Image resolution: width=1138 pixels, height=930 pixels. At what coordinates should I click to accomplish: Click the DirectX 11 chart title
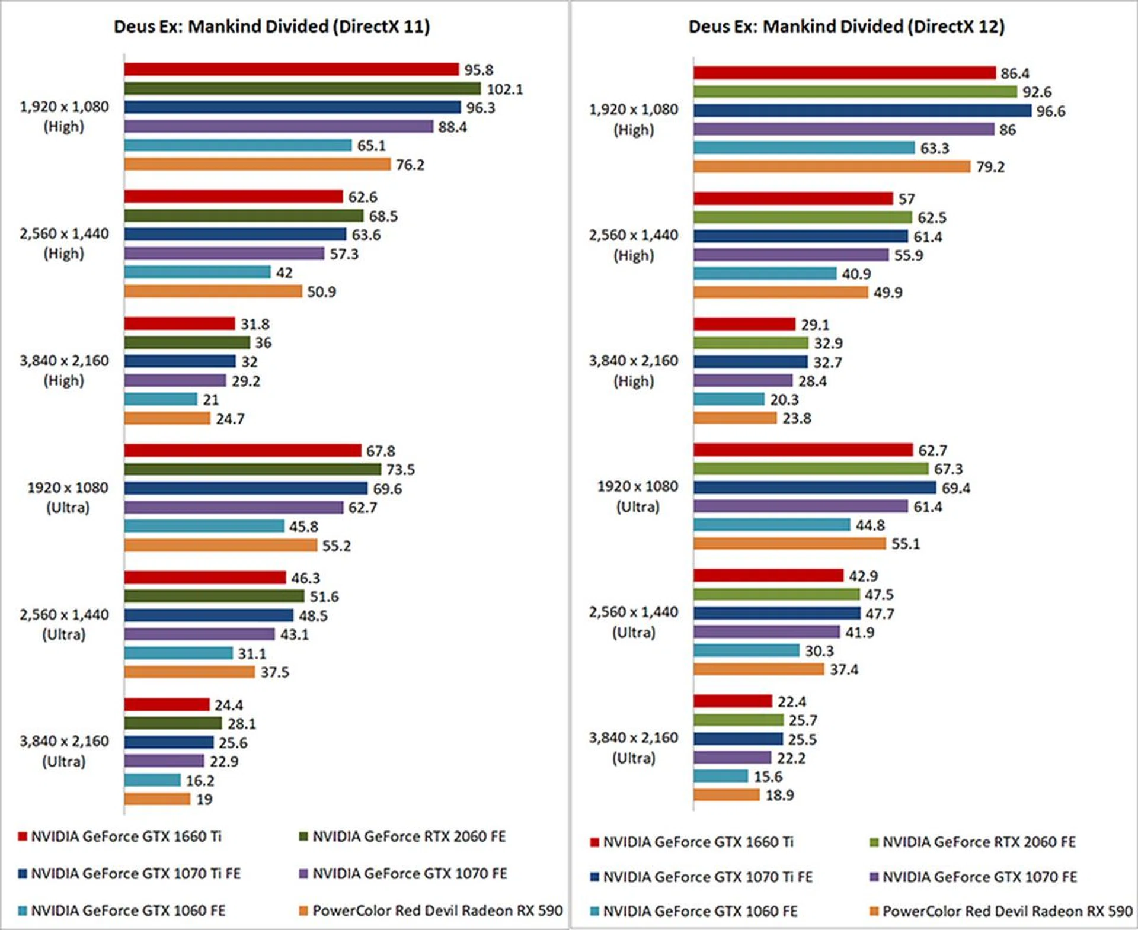271,27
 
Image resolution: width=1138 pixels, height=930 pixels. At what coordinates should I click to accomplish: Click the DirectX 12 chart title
846,27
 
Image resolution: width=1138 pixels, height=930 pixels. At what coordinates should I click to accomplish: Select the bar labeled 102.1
302,89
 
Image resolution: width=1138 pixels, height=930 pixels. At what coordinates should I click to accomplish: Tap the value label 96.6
1050,111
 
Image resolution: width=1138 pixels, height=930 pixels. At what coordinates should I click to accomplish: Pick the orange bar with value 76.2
257,165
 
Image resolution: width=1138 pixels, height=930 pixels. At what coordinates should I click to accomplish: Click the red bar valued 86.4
844,73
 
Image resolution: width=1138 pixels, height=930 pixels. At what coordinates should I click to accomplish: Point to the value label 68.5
383,216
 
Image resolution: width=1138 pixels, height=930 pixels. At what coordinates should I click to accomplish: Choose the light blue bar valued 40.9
765,274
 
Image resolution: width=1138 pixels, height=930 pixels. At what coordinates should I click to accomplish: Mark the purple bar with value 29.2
175,380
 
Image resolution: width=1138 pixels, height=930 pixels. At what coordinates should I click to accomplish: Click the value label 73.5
401,470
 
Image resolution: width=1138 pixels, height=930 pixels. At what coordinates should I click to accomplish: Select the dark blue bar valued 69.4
814,488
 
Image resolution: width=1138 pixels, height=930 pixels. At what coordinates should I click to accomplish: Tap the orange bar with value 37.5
190,672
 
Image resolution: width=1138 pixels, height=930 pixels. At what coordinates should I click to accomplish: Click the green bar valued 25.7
739,720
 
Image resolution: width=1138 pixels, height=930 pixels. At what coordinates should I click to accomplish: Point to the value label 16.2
200,781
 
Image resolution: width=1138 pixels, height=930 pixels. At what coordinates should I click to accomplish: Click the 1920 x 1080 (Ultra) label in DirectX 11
68,497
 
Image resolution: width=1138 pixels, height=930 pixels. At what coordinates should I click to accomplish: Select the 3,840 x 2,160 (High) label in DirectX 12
633,371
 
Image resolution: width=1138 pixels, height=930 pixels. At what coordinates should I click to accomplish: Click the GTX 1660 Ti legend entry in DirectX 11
126,836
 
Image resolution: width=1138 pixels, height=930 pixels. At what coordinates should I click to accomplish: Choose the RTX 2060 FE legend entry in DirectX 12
978,842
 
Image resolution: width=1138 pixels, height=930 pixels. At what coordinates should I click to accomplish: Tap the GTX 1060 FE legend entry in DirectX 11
127,910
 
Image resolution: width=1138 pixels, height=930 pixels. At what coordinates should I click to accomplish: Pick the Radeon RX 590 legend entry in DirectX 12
1006,911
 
